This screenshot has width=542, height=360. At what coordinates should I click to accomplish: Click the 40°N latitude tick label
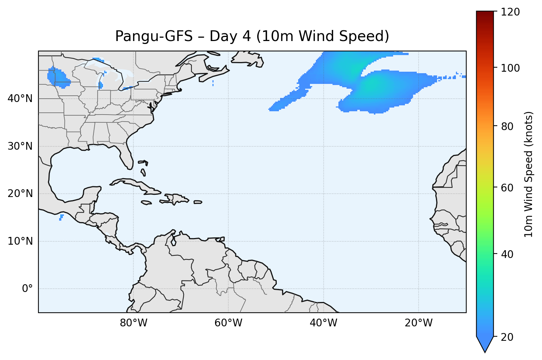click(20, 99)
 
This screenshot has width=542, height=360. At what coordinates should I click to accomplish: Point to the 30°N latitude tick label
click(20, 146)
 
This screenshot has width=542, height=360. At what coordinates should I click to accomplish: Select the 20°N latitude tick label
click(20, 194)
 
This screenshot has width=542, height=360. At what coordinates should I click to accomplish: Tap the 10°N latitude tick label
click(20, 241)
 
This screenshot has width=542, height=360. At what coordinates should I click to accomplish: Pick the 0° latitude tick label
click(27, 289)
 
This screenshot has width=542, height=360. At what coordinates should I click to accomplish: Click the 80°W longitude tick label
click(133, 323)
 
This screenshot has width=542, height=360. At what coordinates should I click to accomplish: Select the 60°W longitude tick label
click(228, 323)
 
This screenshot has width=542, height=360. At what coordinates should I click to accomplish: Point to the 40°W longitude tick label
click(323, 323)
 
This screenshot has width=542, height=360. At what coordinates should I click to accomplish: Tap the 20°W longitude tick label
click(418, 323)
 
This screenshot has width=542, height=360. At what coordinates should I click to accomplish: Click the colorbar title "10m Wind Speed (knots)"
click(529, 174)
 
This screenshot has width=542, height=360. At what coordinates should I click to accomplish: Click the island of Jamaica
click(146, 203)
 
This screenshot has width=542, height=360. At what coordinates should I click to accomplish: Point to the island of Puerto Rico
click(198, 202)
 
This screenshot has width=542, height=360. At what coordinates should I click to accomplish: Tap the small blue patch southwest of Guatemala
click(61, 217)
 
